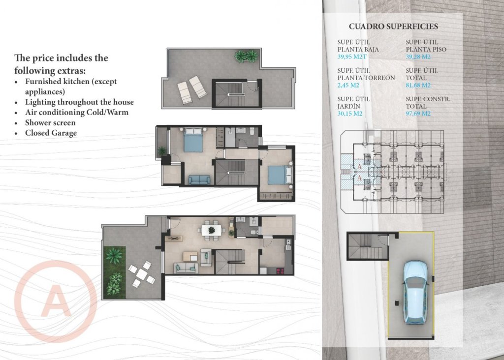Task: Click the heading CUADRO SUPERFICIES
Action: point(393,27)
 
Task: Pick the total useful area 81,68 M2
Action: point(418,85)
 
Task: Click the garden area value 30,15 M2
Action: point(350,114)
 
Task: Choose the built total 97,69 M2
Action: point(418,114)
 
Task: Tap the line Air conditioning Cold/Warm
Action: point(74,112)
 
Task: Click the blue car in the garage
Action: point(415,292)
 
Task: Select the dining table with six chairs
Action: point(211,230)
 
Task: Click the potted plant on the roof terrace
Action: point(246,56)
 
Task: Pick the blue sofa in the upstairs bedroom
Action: point(199,180)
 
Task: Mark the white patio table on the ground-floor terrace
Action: point(142,274)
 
